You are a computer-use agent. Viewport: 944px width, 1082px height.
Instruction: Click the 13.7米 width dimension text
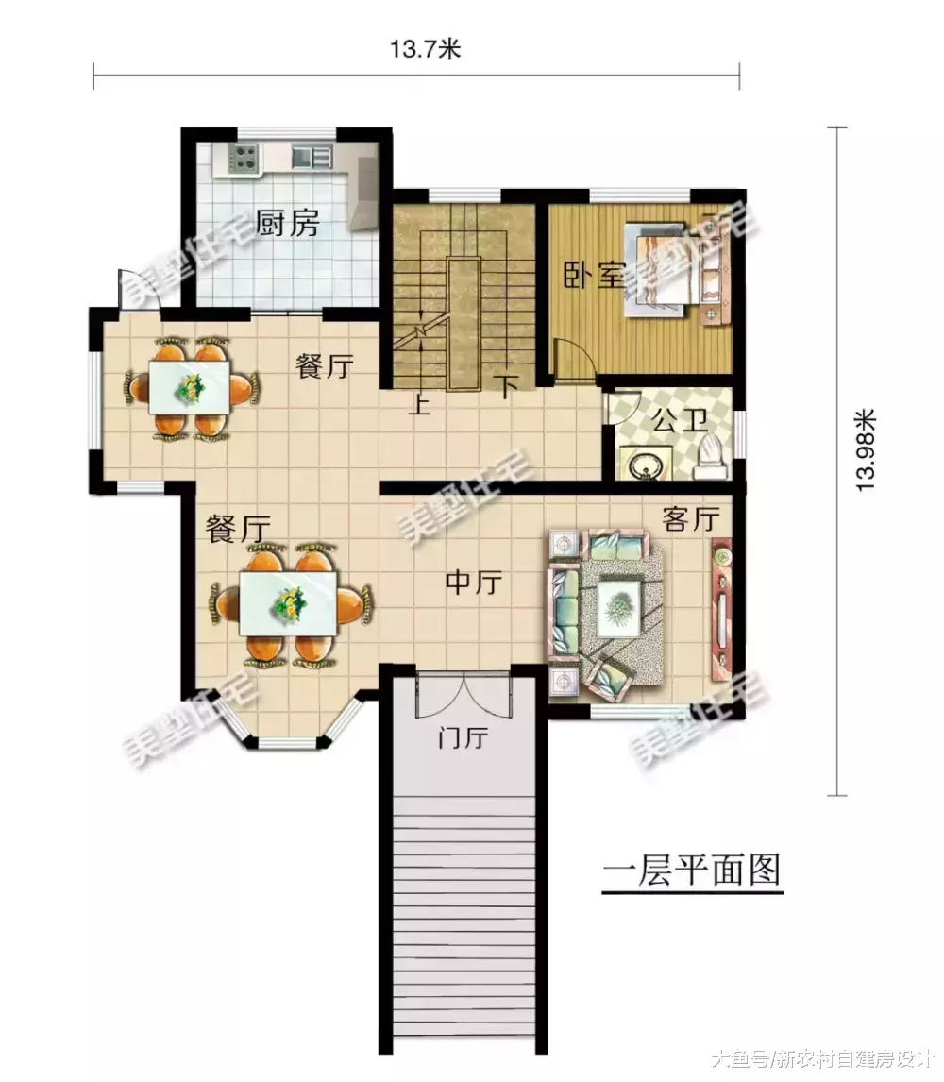tap(424, 50)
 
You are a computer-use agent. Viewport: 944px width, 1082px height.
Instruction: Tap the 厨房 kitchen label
tap(288, 224)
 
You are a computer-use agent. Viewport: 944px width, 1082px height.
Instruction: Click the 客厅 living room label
tap(691, 519)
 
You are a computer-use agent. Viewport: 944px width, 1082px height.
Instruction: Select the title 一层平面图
tap(692, 870)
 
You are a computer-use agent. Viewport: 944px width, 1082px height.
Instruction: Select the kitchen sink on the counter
tap(311, 157)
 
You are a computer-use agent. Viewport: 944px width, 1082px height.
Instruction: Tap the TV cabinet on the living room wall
tap(721, 609)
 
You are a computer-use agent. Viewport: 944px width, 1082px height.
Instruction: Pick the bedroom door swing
tap(573, 360)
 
